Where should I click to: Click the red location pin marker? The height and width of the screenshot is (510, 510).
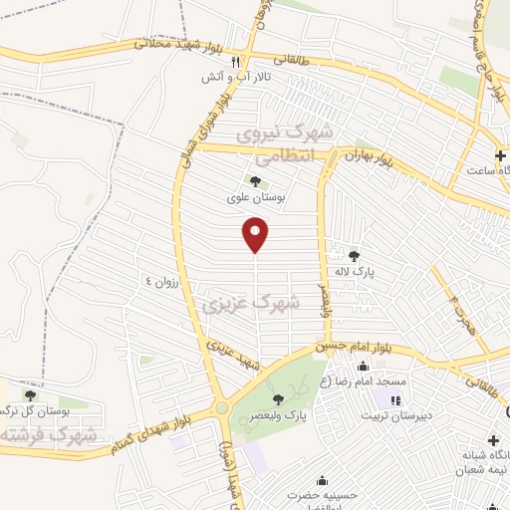(256, 235)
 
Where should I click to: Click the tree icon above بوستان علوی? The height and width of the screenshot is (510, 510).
(257, 181)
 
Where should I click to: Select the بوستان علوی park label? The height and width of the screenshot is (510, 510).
(257, 198)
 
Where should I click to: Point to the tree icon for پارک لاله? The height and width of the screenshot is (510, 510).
(354, 256)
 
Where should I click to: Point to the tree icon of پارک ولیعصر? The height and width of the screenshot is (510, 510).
(292, 398)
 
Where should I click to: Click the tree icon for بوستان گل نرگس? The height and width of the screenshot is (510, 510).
(29, 395)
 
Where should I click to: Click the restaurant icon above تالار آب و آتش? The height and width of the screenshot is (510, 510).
(235, 61)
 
